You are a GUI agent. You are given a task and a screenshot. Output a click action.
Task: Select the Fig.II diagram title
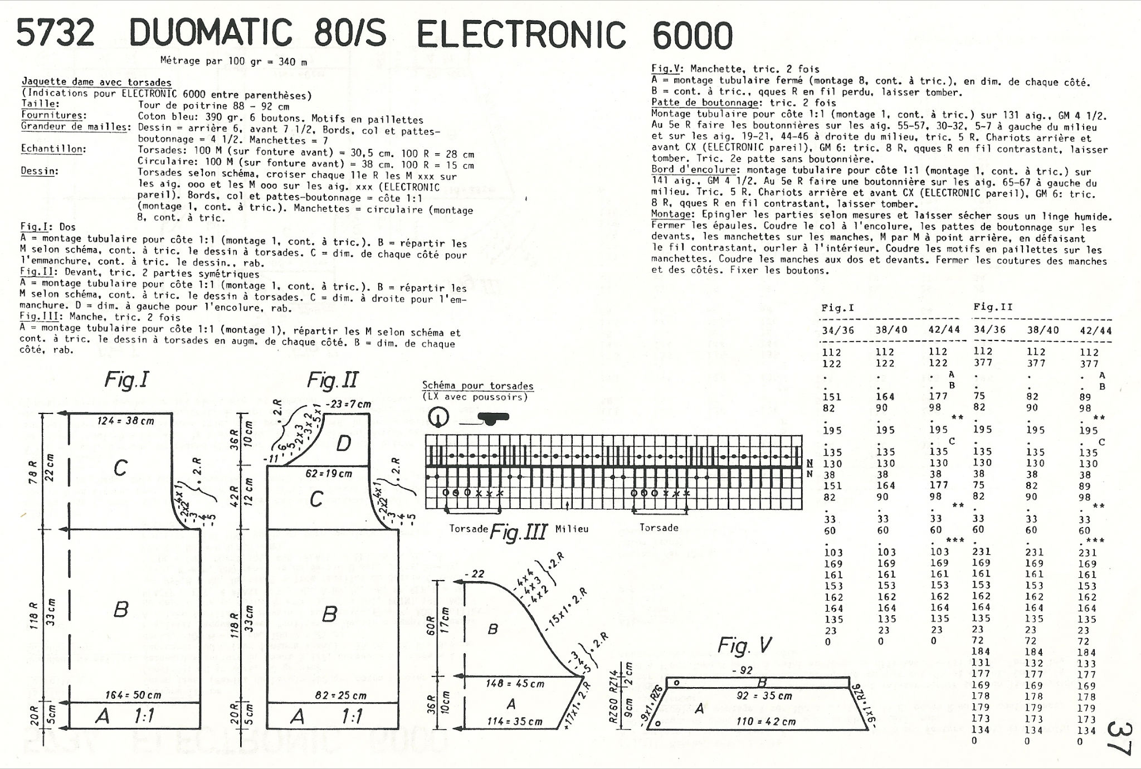click(x=333, y=381)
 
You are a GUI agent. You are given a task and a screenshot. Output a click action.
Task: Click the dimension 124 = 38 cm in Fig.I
click(x=126, y=421)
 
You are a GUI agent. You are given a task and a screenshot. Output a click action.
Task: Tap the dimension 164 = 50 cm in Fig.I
click(x=133, y=695)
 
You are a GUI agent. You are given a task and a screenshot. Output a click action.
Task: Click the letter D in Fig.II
click(x=344, y=444)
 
